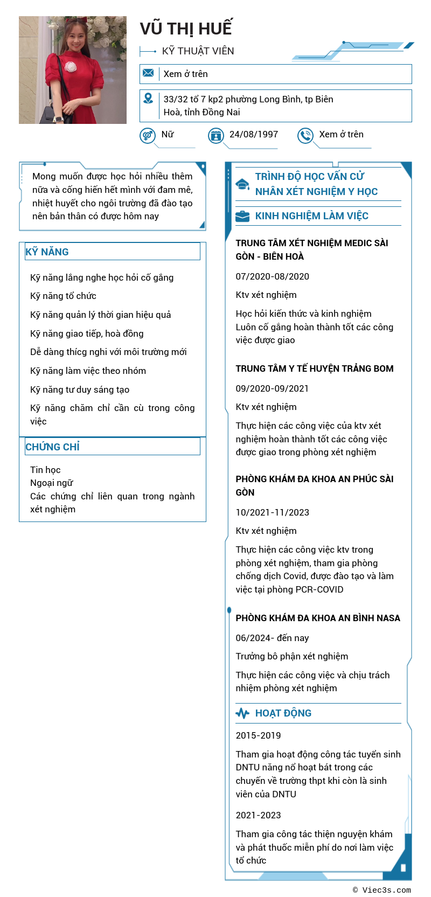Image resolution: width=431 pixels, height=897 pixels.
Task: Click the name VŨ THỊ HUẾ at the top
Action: coord(186,29)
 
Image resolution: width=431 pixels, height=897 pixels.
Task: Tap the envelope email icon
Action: coord(148,73)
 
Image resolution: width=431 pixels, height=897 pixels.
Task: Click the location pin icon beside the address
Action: coord(148,99)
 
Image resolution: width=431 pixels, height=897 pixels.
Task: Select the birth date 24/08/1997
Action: coord(253,134)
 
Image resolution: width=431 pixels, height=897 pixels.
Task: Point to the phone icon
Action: coord(305,135)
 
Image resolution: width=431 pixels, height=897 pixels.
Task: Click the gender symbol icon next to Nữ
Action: coord(147,135)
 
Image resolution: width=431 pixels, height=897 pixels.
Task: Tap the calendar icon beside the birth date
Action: coord(215,135)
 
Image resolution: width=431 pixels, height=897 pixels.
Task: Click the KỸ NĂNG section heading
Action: coord(47,252)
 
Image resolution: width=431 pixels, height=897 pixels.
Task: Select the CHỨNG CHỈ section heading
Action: coord(53,447)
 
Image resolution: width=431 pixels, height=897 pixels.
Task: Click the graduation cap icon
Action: coord(242,184)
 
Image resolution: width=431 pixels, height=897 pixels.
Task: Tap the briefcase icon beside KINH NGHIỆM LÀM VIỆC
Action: coord(242,216)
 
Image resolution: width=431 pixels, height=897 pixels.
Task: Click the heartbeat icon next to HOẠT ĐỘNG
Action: coord(242,713)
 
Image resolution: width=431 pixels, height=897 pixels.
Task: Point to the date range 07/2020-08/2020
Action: coord(273,276)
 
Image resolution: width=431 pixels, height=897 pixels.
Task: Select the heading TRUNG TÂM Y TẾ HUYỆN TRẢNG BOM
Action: coord(315,368)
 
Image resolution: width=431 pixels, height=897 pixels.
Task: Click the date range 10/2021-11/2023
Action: coord(273,512)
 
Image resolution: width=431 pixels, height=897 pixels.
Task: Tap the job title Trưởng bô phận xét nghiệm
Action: coord(292,656)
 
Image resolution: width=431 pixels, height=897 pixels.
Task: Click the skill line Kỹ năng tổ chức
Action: coord(64,296)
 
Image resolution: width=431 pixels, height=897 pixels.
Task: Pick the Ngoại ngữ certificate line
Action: coord(52,483)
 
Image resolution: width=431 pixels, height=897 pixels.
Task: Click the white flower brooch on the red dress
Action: coord(71,67)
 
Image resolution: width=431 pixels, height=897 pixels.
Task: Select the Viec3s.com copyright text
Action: coord(382,890)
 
